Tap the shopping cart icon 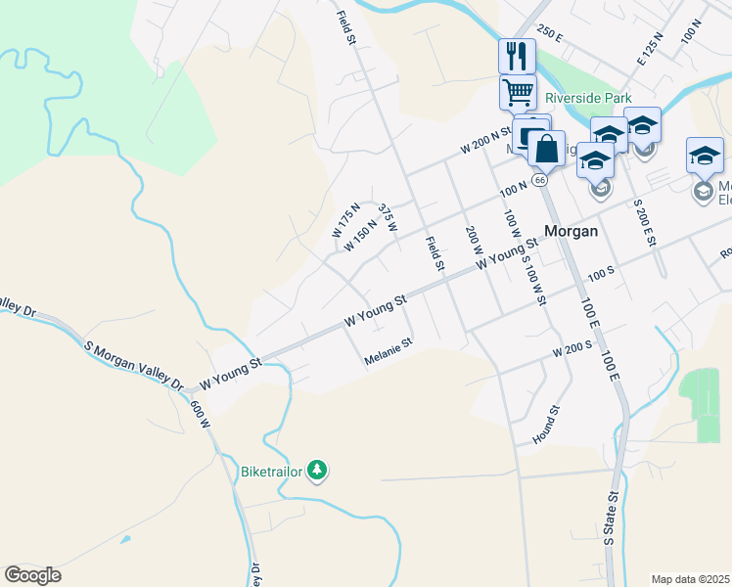(x=518, y=93)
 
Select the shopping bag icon (x=546, y=150)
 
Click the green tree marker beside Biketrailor (x=316, y=471)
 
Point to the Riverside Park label (x=588, y=98)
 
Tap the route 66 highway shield (x=539, y=180)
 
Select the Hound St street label (x=546, y=426)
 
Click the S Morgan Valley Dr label (x=135, y=366)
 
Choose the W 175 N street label (x=346, y=220)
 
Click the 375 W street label (x=388, y=218)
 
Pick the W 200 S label (x=572, y=349)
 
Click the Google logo (x=32, y=575)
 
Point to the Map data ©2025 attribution (x=691, y=579)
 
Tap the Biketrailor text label (x=271, y=472)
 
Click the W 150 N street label (x=360, y=238)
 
